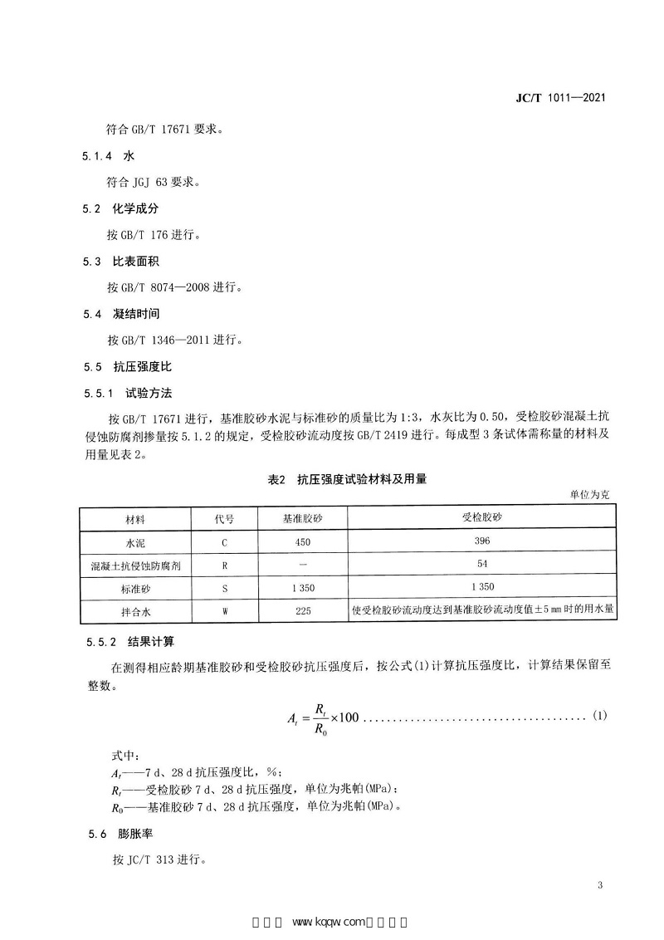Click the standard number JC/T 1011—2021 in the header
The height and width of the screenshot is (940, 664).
[x=561, y=97]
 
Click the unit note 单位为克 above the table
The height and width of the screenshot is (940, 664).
[x=589, y=494]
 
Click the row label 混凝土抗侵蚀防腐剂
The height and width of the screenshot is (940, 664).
[x=135, y=565]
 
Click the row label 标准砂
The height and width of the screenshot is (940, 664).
[x=135, y=589]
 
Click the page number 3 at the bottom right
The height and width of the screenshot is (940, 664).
[x=599, y=885]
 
